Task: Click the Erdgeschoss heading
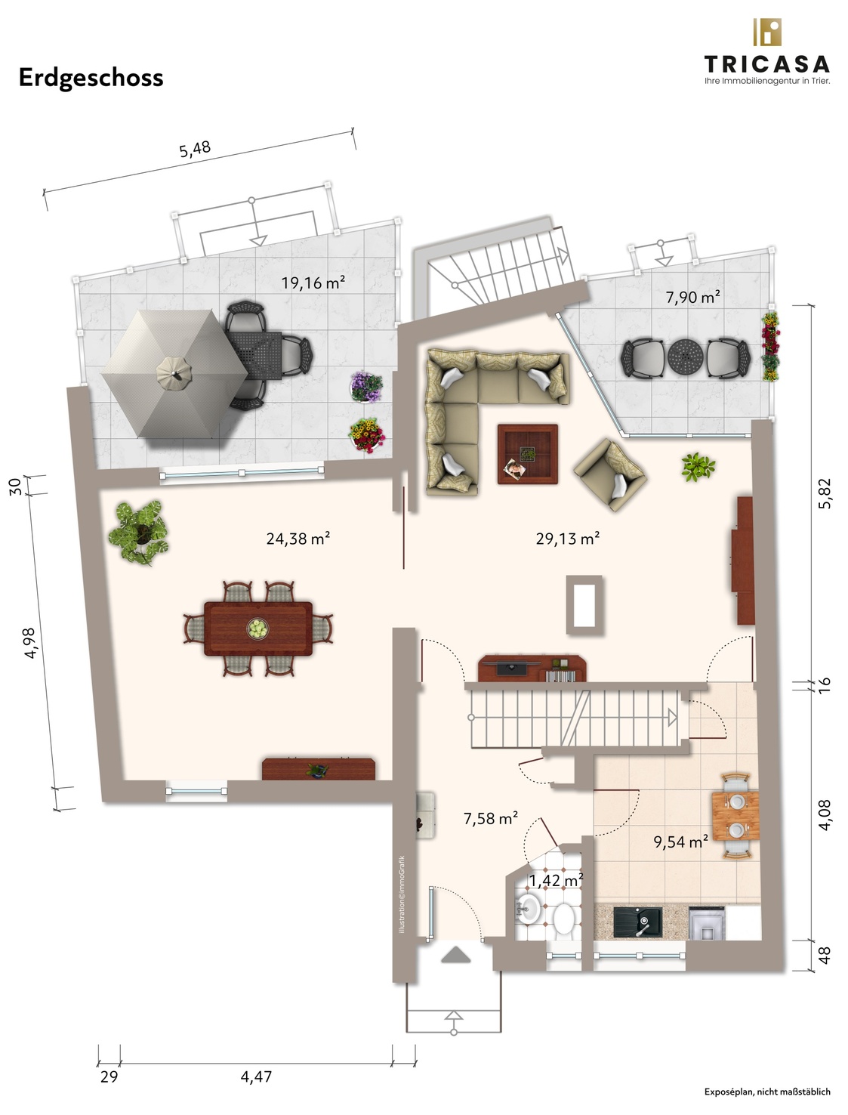point(91,79)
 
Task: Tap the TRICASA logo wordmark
point(766,64)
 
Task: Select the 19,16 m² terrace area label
point(313,283)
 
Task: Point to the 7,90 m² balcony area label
point(692,297)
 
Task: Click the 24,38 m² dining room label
point(298,538)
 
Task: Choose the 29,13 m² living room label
point(568,538)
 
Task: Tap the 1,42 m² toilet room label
point(556,880)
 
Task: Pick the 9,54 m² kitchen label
point(680,842)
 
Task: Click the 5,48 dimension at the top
point(195,150)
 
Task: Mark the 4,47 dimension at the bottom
point(256,1076)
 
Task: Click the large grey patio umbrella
point(174,374)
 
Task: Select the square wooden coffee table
point(528,453)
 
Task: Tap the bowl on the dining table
point(257,629)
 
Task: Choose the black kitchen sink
point(637,922)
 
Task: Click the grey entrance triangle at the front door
point(456,955)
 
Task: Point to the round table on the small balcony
point(685,357)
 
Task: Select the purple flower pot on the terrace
point(366,387)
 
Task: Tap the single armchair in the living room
point(610,474)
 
